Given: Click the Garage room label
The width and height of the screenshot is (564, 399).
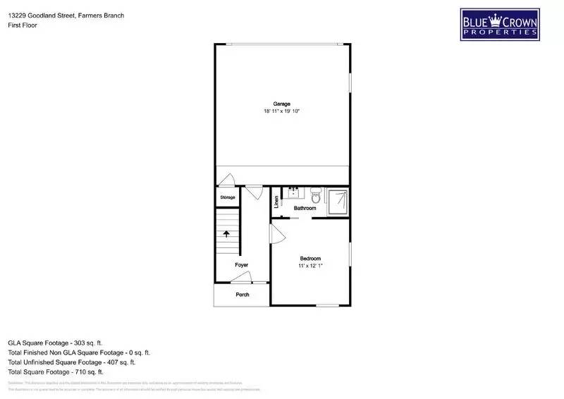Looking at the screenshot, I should point(281,104).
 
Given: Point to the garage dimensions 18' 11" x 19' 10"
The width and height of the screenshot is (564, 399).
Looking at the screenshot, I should point(281,111).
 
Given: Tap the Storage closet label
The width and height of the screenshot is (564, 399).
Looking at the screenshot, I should point(227,197).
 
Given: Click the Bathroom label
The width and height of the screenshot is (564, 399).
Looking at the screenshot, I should point(305,208).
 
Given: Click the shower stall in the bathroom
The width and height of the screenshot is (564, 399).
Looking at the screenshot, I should point(338,200).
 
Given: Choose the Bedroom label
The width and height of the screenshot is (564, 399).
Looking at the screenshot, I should point(310,258).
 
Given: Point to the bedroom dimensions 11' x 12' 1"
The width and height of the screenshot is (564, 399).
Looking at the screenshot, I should point(310,266).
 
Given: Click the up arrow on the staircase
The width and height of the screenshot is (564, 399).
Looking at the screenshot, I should point(226,235).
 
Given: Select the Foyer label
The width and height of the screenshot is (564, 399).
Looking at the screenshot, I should point(241,265).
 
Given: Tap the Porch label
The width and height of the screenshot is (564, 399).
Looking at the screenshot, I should point(242,295).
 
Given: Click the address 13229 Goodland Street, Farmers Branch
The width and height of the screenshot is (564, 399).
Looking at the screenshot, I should point(66,15).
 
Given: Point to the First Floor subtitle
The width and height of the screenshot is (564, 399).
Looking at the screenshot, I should point(23,25).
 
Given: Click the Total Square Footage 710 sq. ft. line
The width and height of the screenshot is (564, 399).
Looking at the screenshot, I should point(56,372).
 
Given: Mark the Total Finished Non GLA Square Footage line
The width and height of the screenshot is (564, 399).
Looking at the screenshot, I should point(79,352).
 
